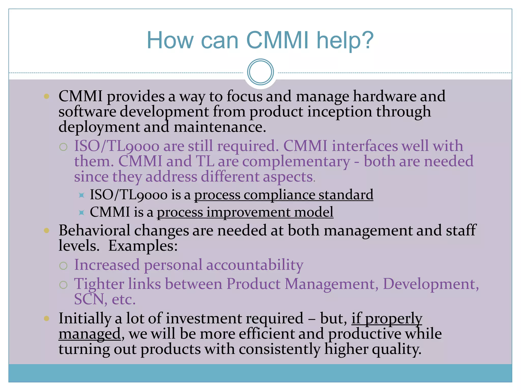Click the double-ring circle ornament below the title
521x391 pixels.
click(x=260, y=72)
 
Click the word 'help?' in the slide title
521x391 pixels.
click(x=345, y=40)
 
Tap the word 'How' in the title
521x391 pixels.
click(x=170, y=40)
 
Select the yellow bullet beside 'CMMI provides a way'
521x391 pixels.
click(x=46, y=96)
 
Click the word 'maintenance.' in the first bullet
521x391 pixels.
click(x=220, y=127)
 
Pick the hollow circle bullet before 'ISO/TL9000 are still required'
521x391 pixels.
click(x=63, y=147)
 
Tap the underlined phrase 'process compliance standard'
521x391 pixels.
click(x=284, y=195)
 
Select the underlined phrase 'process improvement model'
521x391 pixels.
click(x=245, y=212)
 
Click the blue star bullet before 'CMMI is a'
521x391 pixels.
click(x=81, y=213)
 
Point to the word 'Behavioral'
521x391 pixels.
click(x=94, y=230)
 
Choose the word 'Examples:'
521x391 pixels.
click(x=143, y=246)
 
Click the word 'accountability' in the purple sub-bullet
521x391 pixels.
click(x=255, y=265)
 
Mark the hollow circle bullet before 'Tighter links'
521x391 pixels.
click(x=63, y=285)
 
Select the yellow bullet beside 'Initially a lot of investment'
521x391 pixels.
click(x=46, y=318)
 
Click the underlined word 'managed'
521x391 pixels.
click(x=90, y=334)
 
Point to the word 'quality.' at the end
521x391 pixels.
click(x=397, y=349)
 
